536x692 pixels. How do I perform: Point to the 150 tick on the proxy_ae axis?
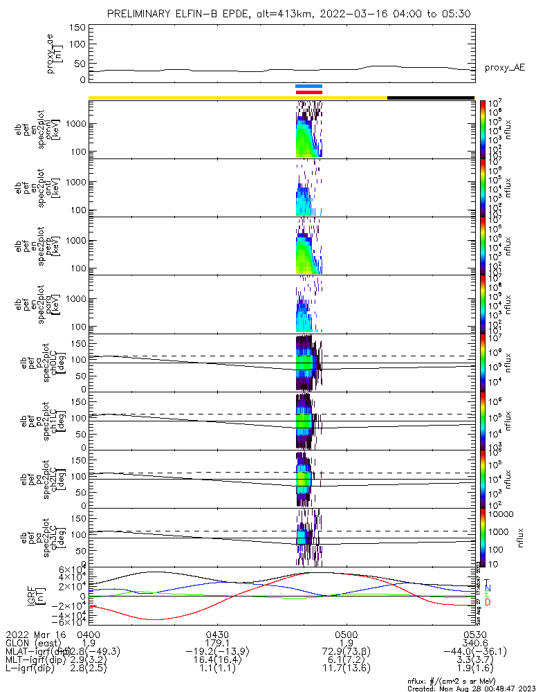pos(77,28)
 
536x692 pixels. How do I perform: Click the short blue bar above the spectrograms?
pos(308,86)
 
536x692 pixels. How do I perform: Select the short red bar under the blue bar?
pos(308,92)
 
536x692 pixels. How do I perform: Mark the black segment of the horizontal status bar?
pos(430,98)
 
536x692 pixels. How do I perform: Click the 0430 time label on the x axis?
pos(217,635)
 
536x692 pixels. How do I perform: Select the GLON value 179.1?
pos(217,643)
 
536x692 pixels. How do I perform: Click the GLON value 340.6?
pos(474,643)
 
